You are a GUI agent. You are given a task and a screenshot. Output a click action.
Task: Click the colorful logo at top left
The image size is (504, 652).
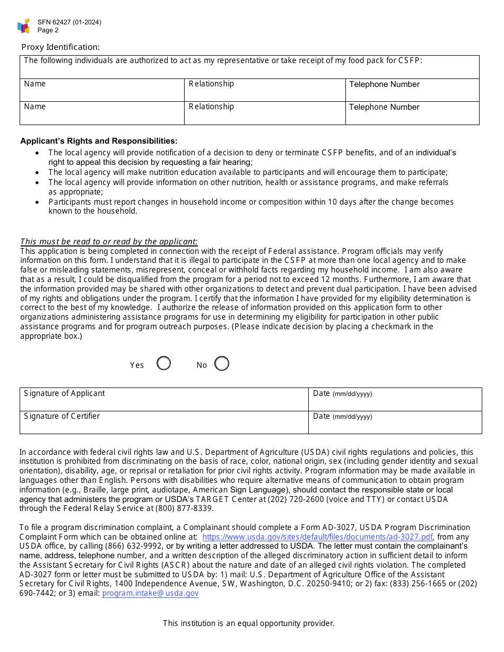(x=23, y=26)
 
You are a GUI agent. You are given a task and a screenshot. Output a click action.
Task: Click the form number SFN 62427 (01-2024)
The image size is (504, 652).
(x=69, y=22)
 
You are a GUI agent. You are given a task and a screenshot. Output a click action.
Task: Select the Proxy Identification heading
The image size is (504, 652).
(x=60, y=47)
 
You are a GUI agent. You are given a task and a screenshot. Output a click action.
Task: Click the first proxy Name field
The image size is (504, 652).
(x=102, y=90)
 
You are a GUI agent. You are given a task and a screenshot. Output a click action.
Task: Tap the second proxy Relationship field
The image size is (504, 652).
(x=264, y=113)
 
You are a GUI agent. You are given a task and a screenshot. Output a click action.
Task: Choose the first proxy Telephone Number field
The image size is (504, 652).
(x=412, y=90)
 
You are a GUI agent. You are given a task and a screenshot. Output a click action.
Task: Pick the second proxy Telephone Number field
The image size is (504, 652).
(x=412, y=113)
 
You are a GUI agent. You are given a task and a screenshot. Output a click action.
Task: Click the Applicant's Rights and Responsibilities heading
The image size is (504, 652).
(x=99, y=141)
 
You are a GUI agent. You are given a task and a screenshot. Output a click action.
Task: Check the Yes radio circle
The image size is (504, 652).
(x=164, y=364)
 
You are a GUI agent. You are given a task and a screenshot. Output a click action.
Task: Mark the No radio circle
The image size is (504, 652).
(x=222, y=364)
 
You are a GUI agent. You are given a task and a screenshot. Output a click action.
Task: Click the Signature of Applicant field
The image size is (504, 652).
(x=164, y=399)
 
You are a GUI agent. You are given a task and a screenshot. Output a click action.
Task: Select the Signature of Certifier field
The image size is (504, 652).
(x=164, y=422)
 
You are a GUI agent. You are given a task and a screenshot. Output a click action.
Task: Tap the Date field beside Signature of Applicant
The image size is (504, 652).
(x=395, y=399)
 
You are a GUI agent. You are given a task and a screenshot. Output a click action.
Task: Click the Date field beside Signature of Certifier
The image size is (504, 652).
(x=395, y=422)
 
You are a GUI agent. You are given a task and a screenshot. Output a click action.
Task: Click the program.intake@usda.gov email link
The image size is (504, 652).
(x=150, y=593)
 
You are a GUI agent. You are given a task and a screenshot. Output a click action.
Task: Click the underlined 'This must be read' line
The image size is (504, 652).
(x=109, y=242)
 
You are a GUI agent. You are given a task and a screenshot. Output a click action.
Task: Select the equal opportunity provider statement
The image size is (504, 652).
(x=249, y=623)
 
